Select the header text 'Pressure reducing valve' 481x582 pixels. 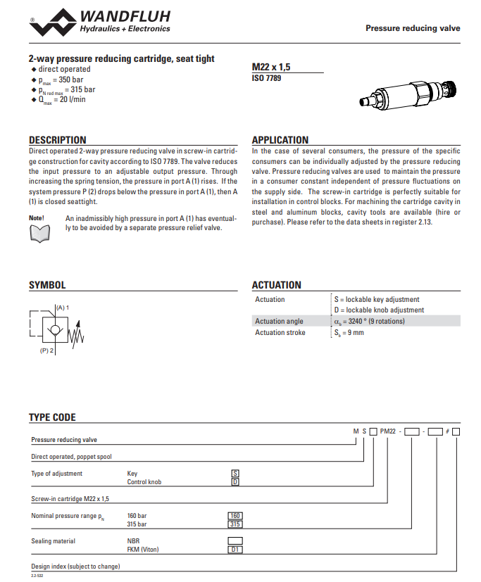[413, 28]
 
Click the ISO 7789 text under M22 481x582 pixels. [266, 78]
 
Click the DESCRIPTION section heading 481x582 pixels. [58, 140]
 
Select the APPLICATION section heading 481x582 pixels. [280, 140]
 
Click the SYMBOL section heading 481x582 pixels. [47, 285]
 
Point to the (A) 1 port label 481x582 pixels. [63, 308]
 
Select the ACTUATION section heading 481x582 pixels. [276, 285]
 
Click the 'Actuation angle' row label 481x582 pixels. [280, 321]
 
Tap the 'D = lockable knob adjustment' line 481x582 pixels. [379, 310]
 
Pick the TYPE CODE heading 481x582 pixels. [52, 417]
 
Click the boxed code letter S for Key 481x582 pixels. [236, 474]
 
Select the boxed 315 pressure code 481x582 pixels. [236, 524]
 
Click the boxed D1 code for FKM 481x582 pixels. [236, 550]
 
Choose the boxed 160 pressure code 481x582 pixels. [236, 516]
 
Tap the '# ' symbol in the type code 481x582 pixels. [446, 431]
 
